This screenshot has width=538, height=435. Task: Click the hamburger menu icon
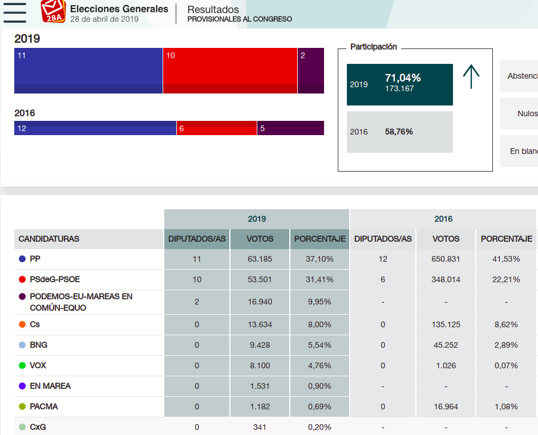[x=14, y=12]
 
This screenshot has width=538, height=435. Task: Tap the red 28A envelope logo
[x=54, y=11]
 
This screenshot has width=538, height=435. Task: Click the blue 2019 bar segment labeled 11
[x=88, y=71]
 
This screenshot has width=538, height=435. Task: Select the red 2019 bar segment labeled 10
[x=230, y=71]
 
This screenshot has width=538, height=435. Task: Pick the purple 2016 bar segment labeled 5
[x=290, y=128]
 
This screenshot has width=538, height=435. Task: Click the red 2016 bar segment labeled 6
[x=216, y=128]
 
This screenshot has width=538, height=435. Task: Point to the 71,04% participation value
[x=403, y=78]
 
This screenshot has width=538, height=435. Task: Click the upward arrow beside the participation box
[x=471, y=77]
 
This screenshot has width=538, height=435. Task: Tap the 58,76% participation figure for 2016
[x=399, y=132]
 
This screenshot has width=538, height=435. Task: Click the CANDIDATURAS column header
[x=49, y=239]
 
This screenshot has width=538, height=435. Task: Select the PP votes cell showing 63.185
[x=260, y=259]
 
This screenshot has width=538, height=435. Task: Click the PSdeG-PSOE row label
[x=55, y=279]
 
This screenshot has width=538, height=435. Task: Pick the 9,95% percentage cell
[x=319, y=302]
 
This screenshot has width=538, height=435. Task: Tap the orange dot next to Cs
[x=22, y=324]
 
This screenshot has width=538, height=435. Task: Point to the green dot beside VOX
[x=22, y=365]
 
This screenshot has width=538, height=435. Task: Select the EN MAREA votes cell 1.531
[x=260, y=386]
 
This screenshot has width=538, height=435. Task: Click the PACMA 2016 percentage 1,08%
[x=506, y=406]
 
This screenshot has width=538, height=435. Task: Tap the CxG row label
[x=38, y=426]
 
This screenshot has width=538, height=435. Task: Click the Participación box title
[x=374, y=47]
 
